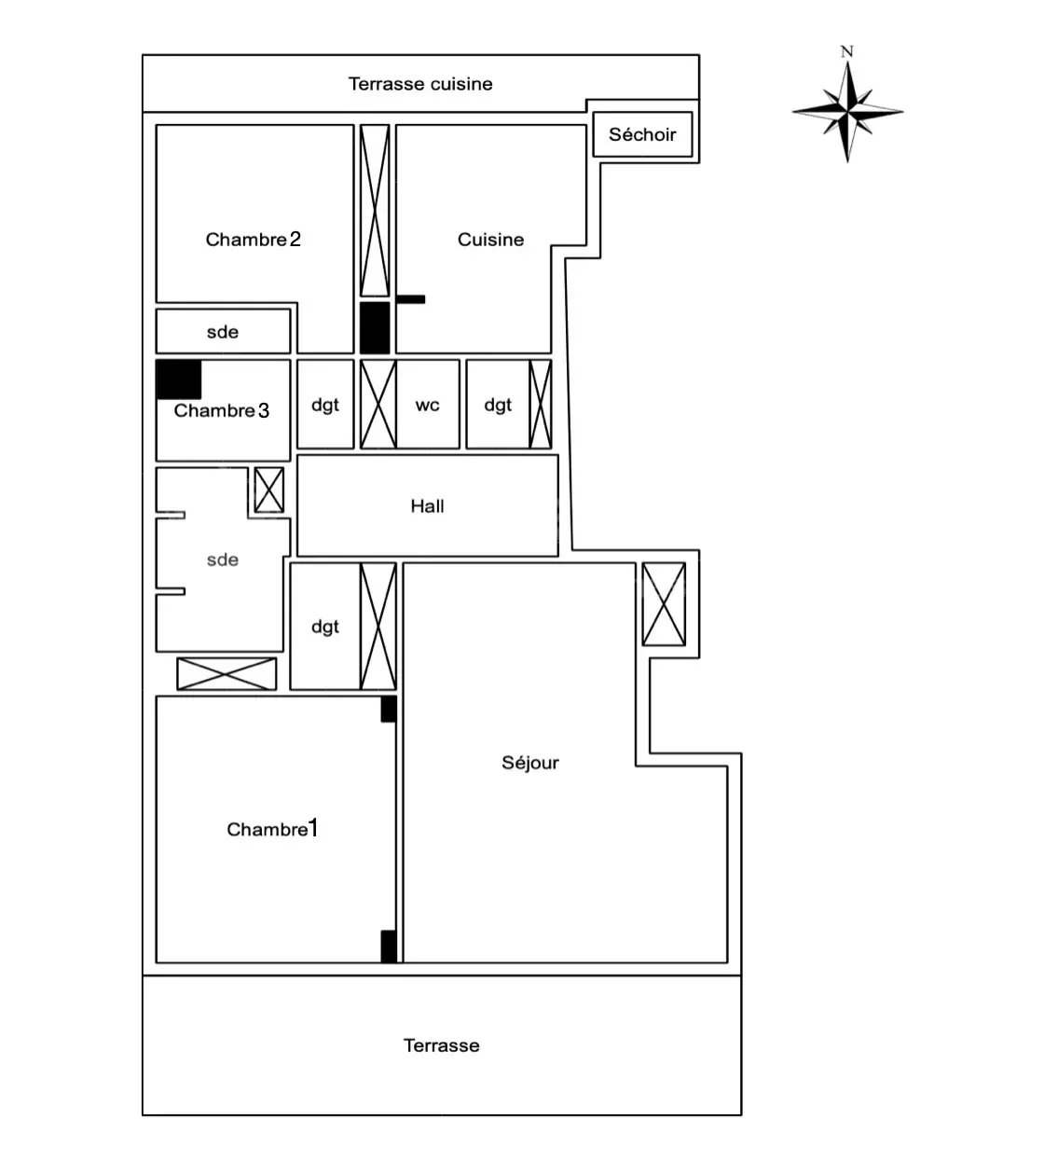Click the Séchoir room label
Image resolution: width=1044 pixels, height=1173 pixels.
[x=642, y=134]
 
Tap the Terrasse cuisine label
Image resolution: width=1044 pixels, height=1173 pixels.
[x=420, y=84]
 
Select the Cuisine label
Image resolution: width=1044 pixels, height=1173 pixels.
[x=490, y=239]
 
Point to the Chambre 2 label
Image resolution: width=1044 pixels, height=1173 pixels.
[x=253, y=239]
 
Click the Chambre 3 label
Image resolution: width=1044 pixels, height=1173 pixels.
[x=222, y=410]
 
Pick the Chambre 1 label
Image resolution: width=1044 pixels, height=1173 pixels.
[x=272, y=829]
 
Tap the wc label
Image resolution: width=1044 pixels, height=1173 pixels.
[x=427, y=406]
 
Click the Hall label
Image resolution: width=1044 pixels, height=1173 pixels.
[x=427, y=506]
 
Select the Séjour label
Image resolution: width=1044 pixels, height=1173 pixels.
[x=530, y=763]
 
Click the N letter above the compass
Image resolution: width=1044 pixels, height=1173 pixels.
[x=846, y=51]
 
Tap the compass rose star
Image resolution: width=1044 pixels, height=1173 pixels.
[x=847, y=112]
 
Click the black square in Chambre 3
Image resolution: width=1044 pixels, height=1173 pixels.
[x=179, y=379]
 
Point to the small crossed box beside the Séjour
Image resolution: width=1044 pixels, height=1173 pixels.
[x=664, y=604]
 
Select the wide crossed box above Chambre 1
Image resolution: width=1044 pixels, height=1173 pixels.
[x=227, y=674]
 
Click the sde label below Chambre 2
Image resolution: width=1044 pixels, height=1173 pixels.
[x=223, y=332]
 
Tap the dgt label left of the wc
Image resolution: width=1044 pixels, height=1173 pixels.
[x=325, y=405]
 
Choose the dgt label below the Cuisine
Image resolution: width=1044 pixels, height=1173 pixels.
[x=498, y=405]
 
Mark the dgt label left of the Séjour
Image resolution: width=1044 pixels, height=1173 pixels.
[x=325, y=627]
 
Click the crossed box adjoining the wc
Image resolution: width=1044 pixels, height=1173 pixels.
[x=378, y=404]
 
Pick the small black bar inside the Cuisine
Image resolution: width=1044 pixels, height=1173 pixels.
[x=411, y=299]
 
